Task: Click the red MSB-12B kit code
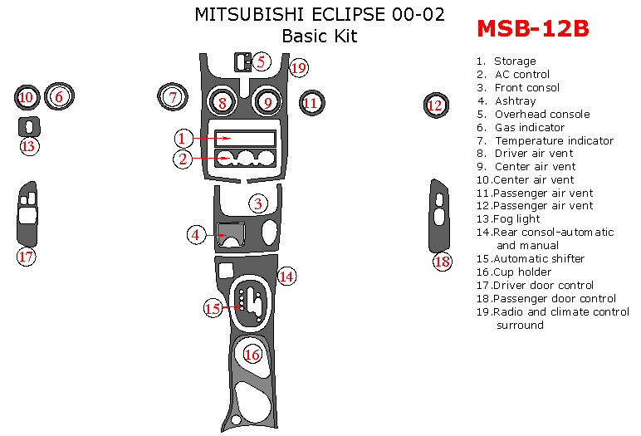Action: pyautogui.click(x=532, y=28)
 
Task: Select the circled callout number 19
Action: pyautogui.click(x=298, y=67)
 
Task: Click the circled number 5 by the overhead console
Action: pyautogui.click(x=261, y=61)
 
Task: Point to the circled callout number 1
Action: pyautogui.click(x=184, y=138)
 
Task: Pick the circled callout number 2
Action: pyautogui.click(x=183, y=159)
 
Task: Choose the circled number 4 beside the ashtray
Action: pyautogui.click(x=196, y=235)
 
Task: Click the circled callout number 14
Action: pyautogui.click(x=286, y=276)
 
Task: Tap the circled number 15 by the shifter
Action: pyautogui.click(x=213, y=308)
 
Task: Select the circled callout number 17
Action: pyautogui.click(x=27, y=257)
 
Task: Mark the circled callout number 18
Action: pyautogui.click(x=442, y=262)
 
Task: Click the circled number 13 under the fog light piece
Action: pyautogui.click(x=29, y=146)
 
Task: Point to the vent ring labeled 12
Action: pyautogui.click(x=435, y=105)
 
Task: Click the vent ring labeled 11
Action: pyautogui.click(x=311, y=103)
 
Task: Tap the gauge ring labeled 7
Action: pyautogui.click(x=172, y=98)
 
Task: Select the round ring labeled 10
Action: pyautogui.click(x=27, y=98)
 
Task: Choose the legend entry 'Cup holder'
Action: pyautogui.click(x=521, y=272)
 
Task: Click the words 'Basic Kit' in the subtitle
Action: pyautogui.click(x=320, y=37)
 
